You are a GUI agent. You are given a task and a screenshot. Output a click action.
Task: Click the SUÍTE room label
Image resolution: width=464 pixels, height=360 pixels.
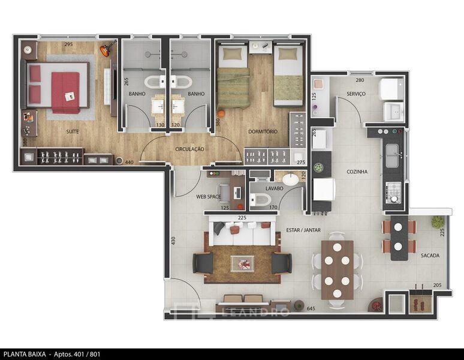[x=73, y=131]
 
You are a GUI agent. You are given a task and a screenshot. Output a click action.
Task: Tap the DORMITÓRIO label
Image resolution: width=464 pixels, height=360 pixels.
[x=263, y=131]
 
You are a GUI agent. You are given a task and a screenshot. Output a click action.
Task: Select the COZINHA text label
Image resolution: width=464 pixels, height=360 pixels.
[x=357, y=172]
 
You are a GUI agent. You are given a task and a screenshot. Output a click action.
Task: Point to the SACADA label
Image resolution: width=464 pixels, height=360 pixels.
[x=430, y=256]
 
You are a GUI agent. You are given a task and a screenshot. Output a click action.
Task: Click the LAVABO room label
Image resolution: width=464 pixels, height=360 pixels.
[x=275, y=188]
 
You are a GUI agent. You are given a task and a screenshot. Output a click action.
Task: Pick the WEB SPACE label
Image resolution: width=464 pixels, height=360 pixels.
[x=209, y=197]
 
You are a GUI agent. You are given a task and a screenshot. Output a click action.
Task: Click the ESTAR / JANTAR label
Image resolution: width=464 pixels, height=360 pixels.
[x=303, y=230]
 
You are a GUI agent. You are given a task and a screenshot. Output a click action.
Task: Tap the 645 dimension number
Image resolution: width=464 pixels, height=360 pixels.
[x=311, y=308]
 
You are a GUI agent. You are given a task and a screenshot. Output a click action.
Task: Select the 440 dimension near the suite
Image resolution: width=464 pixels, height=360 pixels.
[x=129, y=162]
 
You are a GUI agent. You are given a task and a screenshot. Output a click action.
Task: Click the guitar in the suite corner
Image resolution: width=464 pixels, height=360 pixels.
[x=107, y=49]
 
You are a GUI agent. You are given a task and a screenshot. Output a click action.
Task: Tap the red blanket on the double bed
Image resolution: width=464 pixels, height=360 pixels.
[x=65, y=92]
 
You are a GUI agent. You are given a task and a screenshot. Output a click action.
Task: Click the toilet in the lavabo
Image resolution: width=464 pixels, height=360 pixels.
[x=260, y=199]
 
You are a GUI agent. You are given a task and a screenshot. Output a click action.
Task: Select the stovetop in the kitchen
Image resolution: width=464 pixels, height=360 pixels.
[x=394, y=193]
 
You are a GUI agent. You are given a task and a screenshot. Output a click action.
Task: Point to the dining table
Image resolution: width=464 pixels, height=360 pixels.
[x=338, y=270]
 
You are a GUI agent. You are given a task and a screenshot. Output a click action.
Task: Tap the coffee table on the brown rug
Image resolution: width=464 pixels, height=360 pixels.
[x=242, y=263]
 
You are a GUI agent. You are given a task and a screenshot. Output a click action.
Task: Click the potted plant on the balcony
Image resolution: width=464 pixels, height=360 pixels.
[x=438, y=222]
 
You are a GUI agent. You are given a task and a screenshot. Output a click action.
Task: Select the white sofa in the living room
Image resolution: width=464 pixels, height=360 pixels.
[x=242, y=230]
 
